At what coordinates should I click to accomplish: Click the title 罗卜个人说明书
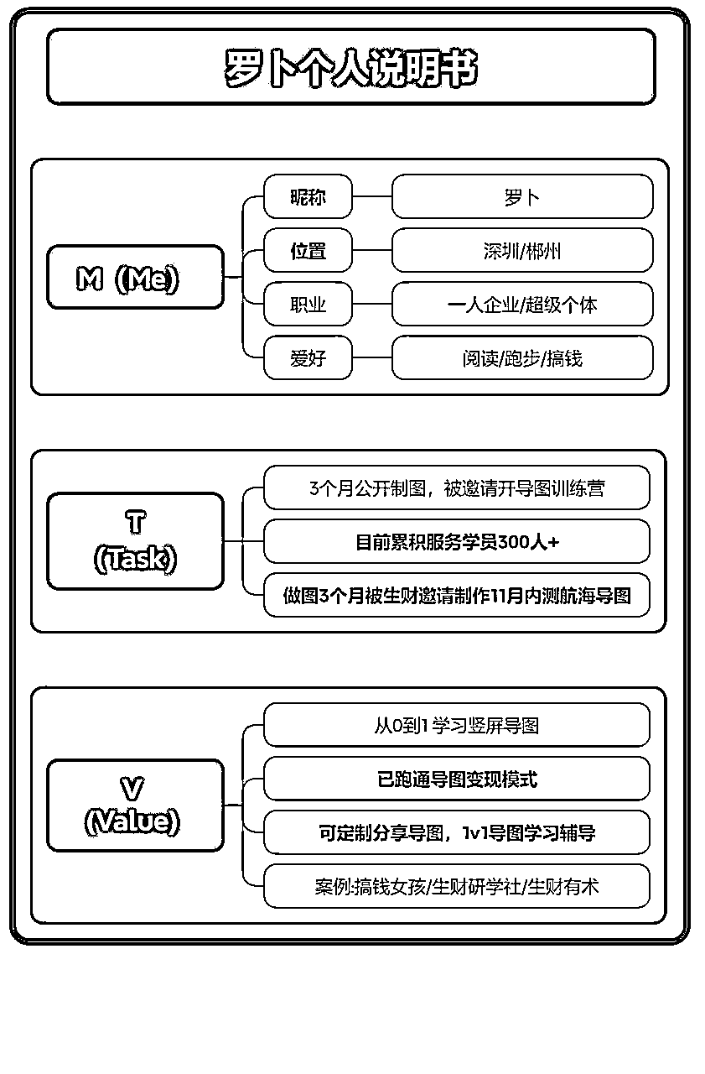coord(351,68)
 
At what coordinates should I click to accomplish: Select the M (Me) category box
coord(136,277)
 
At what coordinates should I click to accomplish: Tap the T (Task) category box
coord(136,541)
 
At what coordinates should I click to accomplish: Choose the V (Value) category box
coord(136,805)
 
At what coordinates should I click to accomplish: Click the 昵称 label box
coord(308,196)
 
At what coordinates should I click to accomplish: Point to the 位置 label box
coord(308,250)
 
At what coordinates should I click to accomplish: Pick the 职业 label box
coord(308,304)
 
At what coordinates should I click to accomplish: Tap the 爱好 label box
coord(308,357)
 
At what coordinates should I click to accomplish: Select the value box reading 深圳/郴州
coord(522,250)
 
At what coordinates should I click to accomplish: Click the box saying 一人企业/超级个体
coord(522,304)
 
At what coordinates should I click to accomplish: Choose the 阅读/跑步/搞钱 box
coord(522,357)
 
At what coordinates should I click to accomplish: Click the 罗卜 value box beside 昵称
coord(522,196)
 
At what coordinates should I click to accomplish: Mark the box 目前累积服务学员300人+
coord(457,541)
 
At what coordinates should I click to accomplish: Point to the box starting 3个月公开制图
coord(457,487)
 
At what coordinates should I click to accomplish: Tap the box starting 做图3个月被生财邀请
coord(457,595)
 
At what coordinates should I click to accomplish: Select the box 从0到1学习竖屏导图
coord(457,725)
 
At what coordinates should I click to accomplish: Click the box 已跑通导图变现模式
coord(457,779)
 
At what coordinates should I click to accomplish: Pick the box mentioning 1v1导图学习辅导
coord(457,832)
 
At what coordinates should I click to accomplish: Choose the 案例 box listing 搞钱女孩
coord(457,886)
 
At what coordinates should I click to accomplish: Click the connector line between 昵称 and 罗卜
coord(372,196)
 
